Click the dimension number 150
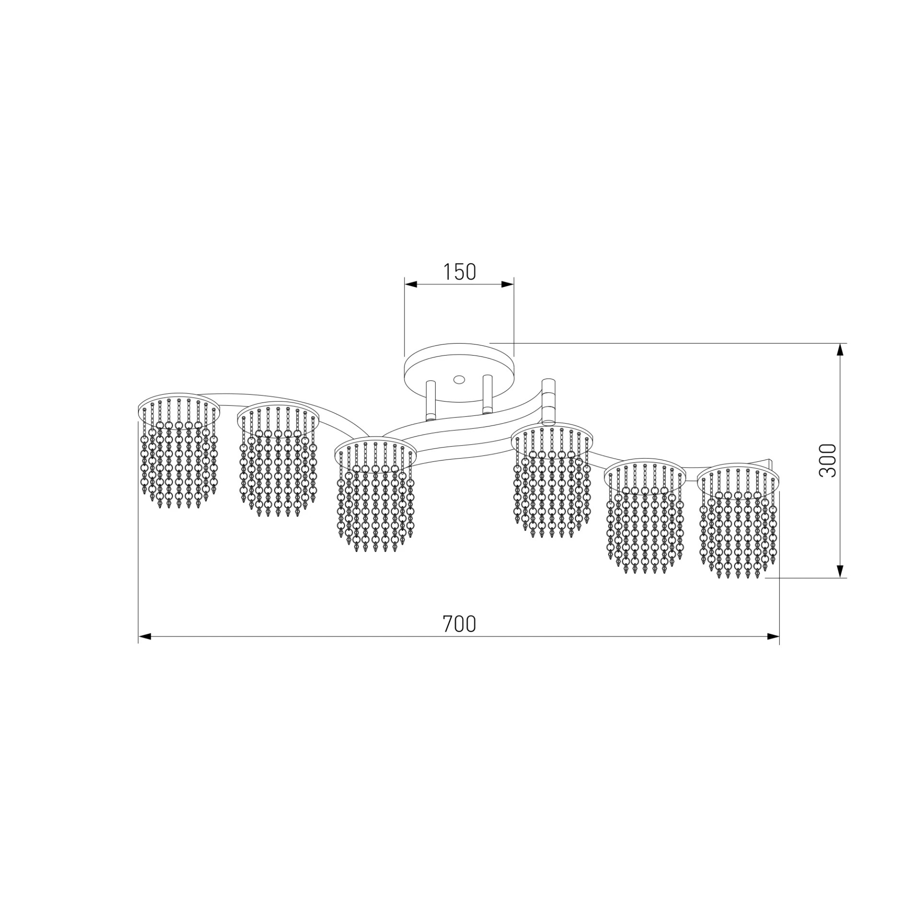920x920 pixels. click(459, 272)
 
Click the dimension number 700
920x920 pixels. click(459, 624)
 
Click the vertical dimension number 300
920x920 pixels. click(828, 460)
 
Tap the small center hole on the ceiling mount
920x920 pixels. click(459, 379)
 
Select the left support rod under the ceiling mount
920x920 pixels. click(430, 401)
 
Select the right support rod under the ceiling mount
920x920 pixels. click(488, 394)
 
